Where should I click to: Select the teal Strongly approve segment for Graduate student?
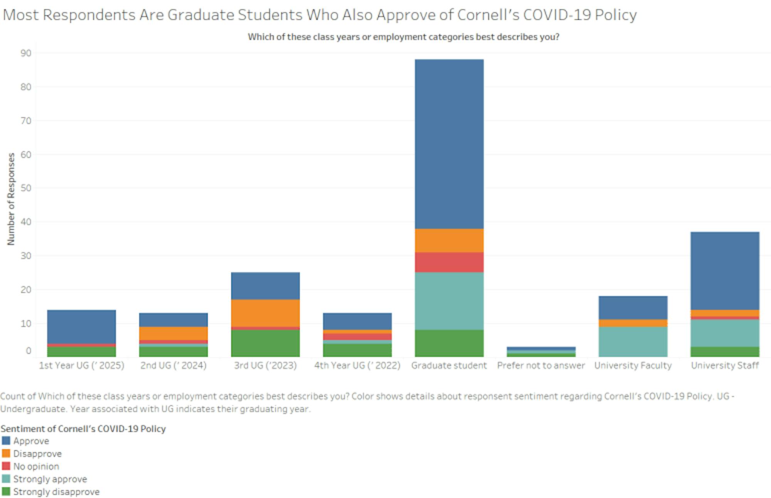[449, 301]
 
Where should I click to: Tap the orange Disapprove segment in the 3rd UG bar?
[265, 313]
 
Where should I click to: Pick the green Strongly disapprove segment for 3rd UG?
[265, 343]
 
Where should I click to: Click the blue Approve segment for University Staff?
[725, 271]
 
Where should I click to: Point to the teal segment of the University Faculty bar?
[633, 342]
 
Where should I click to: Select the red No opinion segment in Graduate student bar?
[449, 262]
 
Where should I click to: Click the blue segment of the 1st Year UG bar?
[81, 326]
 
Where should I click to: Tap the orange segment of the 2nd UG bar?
[173, 333]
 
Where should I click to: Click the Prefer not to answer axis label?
[541, 365]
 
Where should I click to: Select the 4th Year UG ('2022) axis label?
[357, 365]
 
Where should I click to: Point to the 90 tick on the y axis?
[26, 53]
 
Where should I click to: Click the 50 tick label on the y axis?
[26, 188]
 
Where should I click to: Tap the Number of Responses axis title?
[11, 199]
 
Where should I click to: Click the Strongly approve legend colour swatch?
[6, 479]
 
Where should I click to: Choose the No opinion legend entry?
[36, 466]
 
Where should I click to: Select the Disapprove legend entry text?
[37, 454]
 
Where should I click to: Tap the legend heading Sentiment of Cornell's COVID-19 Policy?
[83, 429]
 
